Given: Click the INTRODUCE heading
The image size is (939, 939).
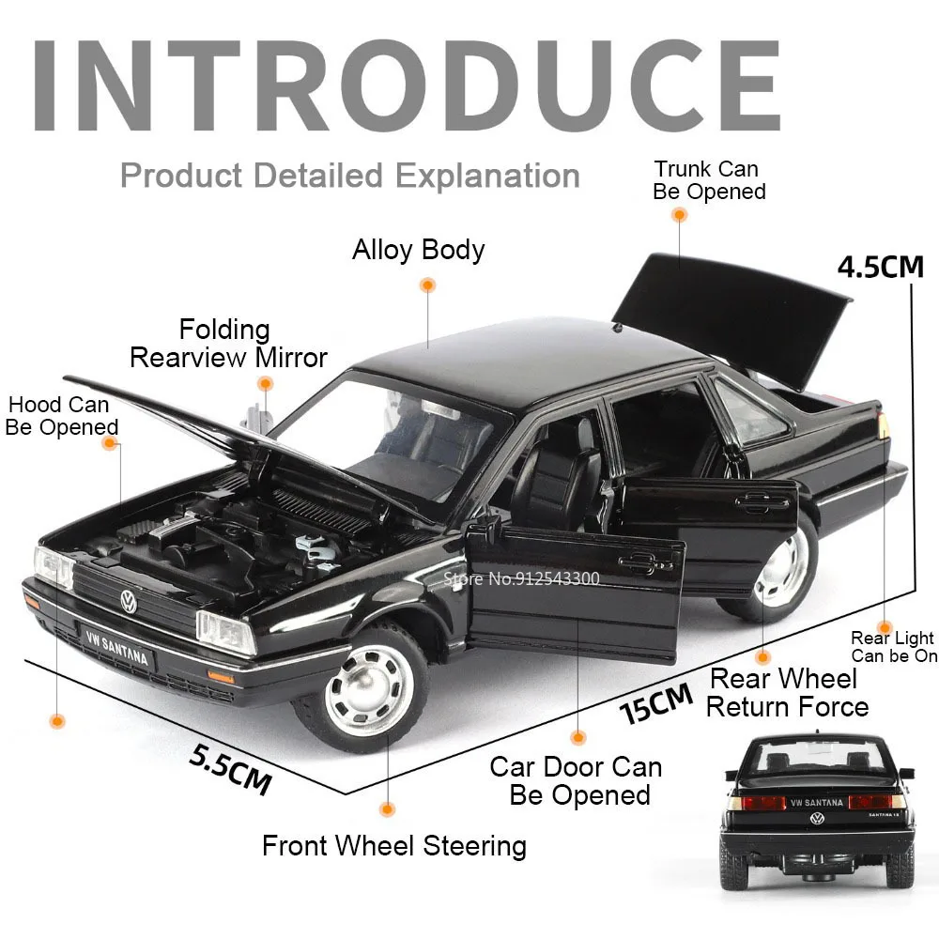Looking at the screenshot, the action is [407, 85].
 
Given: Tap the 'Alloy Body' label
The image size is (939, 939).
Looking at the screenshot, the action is [418, 249].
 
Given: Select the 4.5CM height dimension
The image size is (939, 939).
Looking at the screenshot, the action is [881, 267].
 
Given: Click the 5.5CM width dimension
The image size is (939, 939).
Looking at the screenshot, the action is [231, 769].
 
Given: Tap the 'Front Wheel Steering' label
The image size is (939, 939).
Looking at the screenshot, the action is [394, 846].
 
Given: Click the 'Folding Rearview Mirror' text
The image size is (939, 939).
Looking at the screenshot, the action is [228, 344].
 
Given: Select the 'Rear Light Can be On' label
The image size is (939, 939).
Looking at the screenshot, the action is [894, 647].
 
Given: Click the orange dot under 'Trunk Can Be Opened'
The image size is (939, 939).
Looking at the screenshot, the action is [679, 215].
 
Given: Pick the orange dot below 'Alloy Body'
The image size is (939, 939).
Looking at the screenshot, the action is [427, 285].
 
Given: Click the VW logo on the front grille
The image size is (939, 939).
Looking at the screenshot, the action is [129, 601].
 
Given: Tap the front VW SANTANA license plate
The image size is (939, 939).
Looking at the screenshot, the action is [116, 647].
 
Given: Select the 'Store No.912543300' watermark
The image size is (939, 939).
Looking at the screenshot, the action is [521, 578].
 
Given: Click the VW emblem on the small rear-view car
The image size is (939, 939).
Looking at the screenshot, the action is [817, 819].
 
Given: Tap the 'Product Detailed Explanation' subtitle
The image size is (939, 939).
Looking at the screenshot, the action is [349, 176].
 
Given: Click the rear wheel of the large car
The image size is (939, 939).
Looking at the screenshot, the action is [777, 569].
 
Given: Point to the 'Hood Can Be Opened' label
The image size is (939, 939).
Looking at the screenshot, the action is [61, 416].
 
